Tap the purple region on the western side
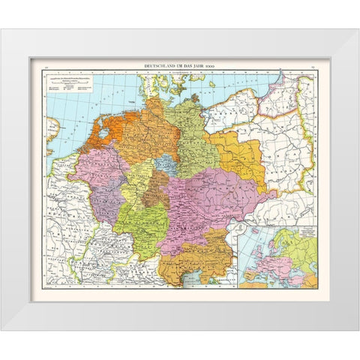pyautogui.click(x=105, y=202)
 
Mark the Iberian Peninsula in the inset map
pyautogui.click(x=251, y=277)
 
